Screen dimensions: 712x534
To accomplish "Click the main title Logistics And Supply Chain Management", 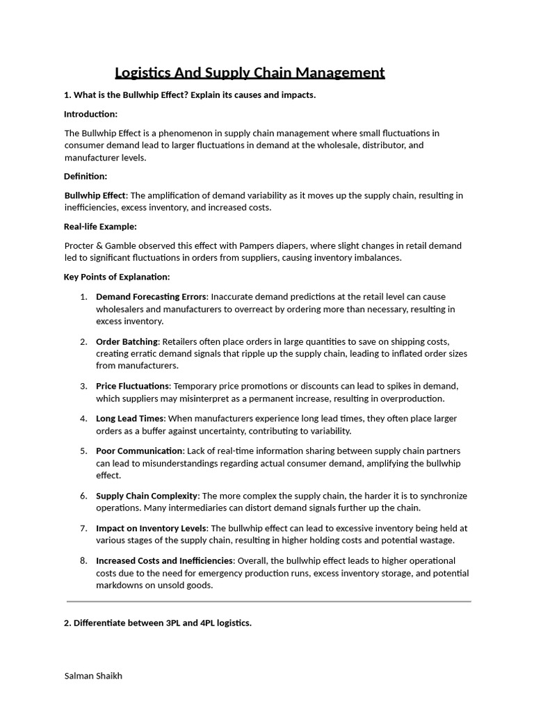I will point(249,73).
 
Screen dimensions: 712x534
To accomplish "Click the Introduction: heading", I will point(90,114).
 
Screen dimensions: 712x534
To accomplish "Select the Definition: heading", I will point(86,177).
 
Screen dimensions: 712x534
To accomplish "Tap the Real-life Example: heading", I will point(100,227).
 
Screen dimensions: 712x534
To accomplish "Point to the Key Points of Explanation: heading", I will point(117,277).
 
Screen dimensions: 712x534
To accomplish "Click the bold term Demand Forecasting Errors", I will point(151,297).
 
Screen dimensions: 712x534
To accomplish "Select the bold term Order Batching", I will point(127,341).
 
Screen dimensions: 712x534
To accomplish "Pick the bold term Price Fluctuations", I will point(132,386).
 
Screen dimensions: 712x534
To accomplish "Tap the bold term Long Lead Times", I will point(130,419).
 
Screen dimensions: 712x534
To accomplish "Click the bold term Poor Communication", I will point(140,451).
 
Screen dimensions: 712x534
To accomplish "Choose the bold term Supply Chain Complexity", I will point(147,496).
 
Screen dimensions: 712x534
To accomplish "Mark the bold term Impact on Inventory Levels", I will point(151,528).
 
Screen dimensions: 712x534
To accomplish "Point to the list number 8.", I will point(83,560).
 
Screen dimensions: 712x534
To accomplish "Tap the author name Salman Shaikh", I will point(93,676).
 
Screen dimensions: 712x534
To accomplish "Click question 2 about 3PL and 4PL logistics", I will point(158,623).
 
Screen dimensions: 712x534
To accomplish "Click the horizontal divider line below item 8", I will point(268,601).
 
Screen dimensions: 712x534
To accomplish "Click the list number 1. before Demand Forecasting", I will point(83,297).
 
